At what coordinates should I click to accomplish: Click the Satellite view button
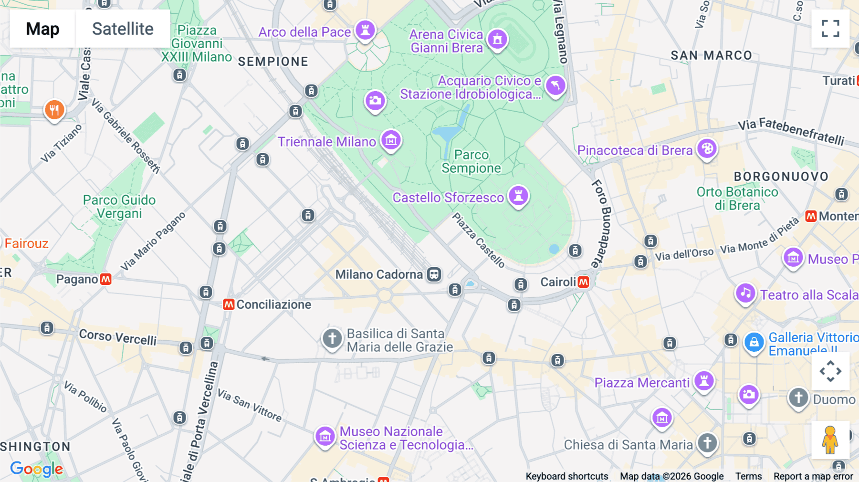[x=123, y=29]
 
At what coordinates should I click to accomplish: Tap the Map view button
[x=42, y=29]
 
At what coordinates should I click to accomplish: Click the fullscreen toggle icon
[x=830, y=29]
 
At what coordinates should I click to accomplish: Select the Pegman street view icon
[x=830, y=440]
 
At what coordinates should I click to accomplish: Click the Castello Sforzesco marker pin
[x=518, y=196]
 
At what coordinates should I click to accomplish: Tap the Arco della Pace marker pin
[x=365, y=31]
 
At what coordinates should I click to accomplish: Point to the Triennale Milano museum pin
[x=391, y=140]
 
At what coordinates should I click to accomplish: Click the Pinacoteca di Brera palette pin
[x=707, y=149]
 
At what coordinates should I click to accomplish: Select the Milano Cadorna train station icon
[x=434, y=274]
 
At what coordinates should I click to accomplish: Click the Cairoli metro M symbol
[x=583, y=282]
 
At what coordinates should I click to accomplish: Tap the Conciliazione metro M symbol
[x=229, y=304]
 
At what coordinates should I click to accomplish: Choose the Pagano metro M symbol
[x=105, y=279]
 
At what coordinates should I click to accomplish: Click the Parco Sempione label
[x=471, y=161]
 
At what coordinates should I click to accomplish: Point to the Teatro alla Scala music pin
[x=745, y=293]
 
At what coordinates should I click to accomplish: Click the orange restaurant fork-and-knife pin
[x=54, y=110]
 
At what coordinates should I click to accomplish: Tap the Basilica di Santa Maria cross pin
[x=332, y=338]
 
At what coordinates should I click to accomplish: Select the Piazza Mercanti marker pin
[x=704, y=381]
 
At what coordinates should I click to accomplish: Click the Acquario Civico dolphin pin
[x=555, y=85]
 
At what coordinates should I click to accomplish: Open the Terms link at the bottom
[x=748, y=476]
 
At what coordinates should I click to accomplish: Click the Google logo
[x=36, y=469]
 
